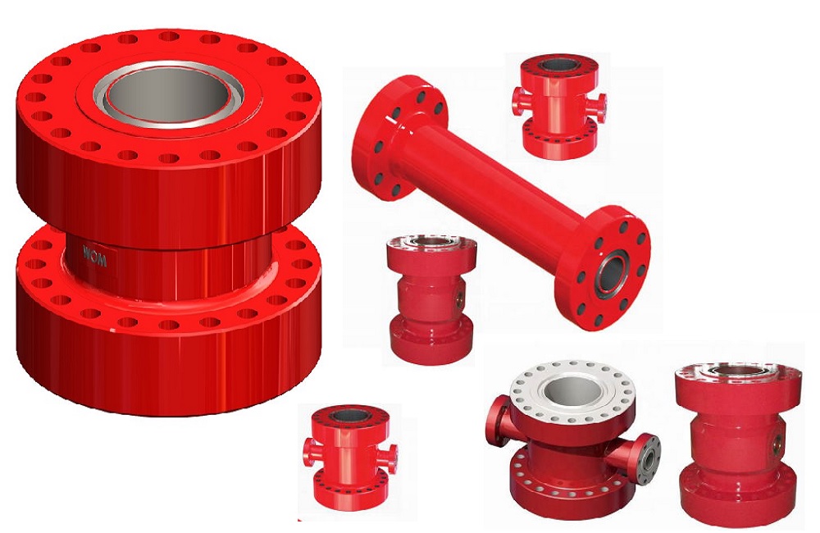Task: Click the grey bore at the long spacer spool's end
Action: [613, 272]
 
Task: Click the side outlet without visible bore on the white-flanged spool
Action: [499, 420]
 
